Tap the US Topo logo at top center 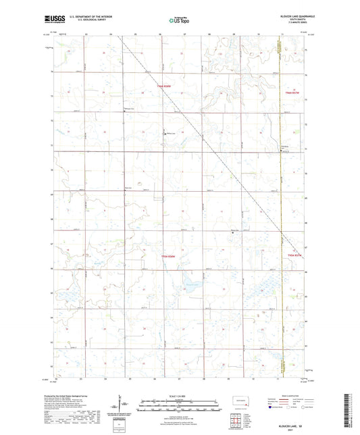click(179, 20)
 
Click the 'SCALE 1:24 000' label click(180, 396)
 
